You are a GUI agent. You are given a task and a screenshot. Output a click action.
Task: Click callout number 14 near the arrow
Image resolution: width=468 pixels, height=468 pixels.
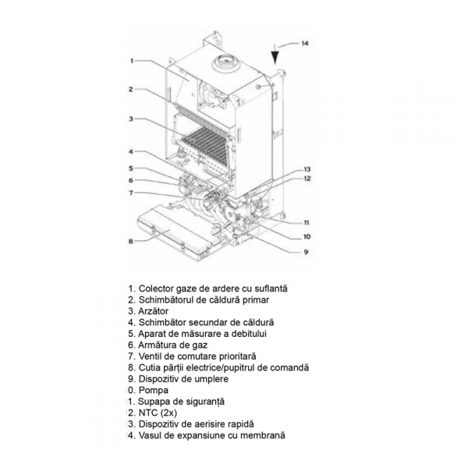click(305, 43)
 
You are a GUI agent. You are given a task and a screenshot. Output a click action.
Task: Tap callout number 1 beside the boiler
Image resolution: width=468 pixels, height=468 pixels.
click(133, 60)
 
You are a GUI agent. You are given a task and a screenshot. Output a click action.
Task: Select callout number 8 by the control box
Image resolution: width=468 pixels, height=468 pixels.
click(131, 241)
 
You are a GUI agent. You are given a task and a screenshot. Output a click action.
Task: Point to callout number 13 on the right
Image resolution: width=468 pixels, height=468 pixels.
click(307, 169)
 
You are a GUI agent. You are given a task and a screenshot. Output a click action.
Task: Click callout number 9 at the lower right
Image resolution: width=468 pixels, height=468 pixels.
click(306, 251)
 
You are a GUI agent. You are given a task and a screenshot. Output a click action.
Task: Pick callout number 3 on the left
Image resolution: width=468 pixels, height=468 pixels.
click(132, 119)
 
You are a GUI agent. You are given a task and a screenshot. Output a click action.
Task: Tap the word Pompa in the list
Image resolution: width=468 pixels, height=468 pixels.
click(153, 390)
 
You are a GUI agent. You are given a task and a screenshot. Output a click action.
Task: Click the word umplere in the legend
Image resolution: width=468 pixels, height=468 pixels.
click(210, 378)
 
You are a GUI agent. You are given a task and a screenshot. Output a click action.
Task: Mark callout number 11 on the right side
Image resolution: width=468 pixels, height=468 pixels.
click(306, 222)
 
